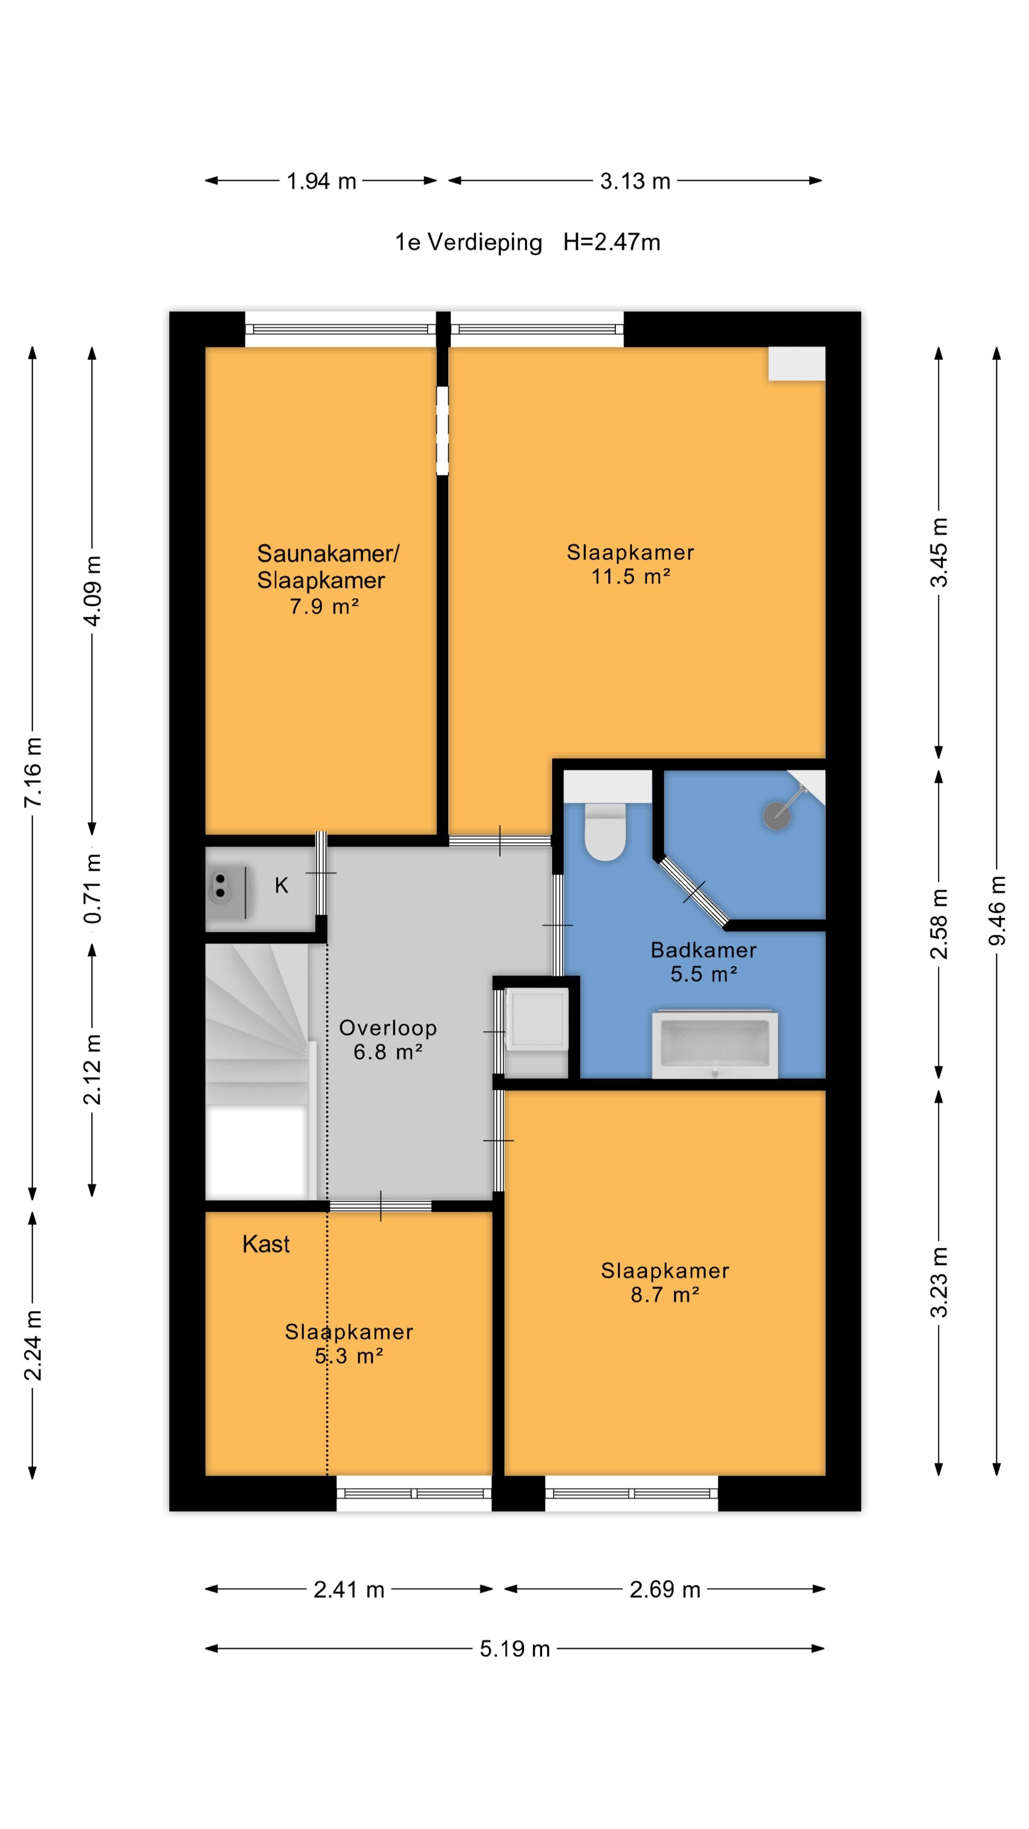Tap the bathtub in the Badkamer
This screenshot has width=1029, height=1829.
pyautogui.click(x=715, y=1045)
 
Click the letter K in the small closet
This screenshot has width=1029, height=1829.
pyautogui.click(x=281, y=885)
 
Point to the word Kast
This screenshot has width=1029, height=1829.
pyautogui.click(x=266, y=1244)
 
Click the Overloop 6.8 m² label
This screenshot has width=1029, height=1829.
pyautogui.click(x=388, y=1039)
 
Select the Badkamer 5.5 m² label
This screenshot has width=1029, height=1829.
pyautogui.click(x=704, y=961)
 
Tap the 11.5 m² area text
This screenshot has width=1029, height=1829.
pyautogui.click(x=631, y=576)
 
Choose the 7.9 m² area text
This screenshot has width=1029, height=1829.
pyautogui.click(x=324, y=606)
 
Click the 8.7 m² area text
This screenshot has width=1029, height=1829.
pyautogui.click(x=665, y=1295)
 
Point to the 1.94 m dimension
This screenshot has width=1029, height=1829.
pyautogui.click(x=321, y=181)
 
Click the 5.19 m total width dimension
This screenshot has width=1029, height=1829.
pyautogui.click(x=515, y=1648)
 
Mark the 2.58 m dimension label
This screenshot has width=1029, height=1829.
pyautogui.click(x=939, y=924)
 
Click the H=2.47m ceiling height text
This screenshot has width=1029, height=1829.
pyautogui.click(x=611, y=242)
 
